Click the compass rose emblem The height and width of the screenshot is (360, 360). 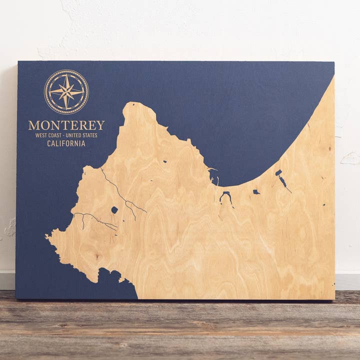(x=66, y=92)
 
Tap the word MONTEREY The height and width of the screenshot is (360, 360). (x=66, y=125)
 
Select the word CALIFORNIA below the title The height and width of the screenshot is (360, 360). (x=66, y=143)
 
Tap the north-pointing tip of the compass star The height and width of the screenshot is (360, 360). (x=66, y=75)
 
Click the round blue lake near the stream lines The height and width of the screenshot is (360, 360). (x=114, y=210)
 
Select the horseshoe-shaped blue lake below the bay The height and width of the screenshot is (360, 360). (x=225, y=196)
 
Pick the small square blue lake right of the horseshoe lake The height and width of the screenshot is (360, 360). (x=256, y=191)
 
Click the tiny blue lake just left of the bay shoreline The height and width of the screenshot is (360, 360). (x=165, y=161)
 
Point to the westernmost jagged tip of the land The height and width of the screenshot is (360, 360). (x=47, y=235)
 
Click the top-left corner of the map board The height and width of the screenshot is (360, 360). (x=18, y=62)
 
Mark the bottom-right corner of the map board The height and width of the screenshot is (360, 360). (x=334, y=298)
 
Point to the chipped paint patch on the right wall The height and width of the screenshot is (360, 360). (x=350, y=158)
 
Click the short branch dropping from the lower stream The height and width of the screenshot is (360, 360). (x=83, y=222)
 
